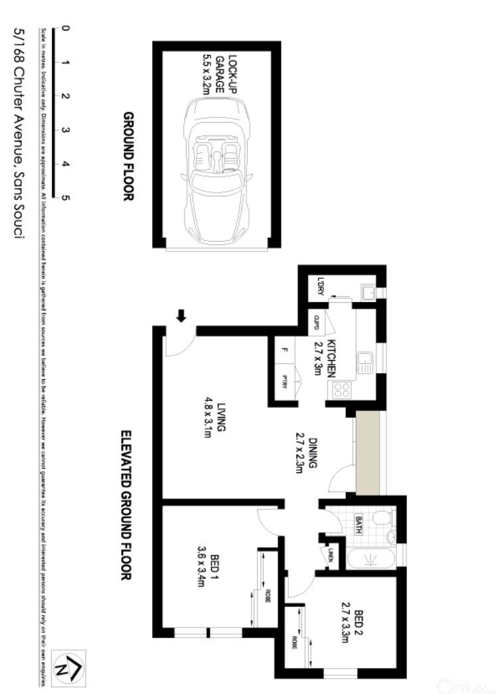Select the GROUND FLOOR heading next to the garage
(x=128, y=156)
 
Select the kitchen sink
(x=364, y=363)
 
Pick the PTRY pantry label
(x=285, y=383)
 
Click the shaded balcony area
(x=367, y=452)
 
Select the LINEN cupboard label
(x=329, y=555)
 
